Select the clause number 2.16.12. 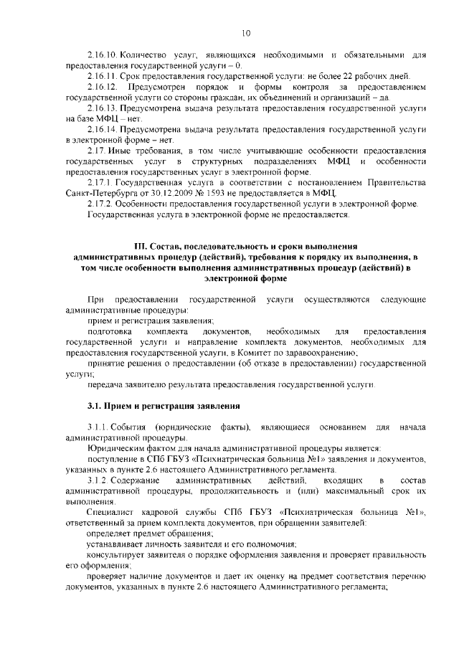tap(103, 87)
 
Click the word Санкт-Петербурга tap(98, 193)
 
